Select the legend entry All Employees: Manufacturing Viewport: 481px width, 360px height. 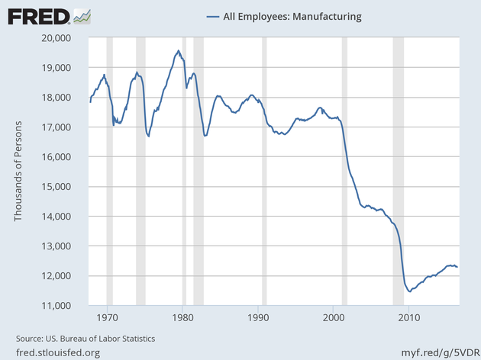pyautogui.click(x=283, y=16)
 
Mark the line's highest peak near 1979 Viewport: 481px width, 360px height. pyautogui.click(x=178, y=51)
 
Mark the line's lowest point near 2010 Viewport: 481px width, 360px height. pyautogui.click(x=410, y=291)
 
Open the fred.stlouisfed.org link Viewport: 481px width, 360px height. pyautogui.click(x=58, y=352)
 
